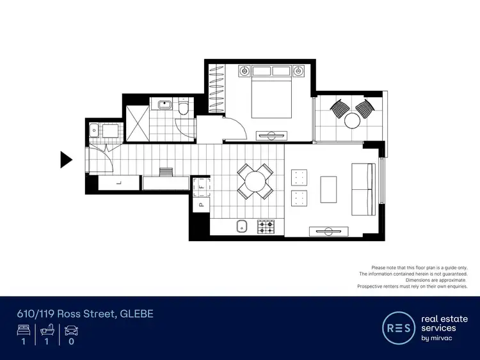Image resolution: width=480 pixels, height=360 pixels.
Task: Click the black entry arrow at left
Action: coord(66,159)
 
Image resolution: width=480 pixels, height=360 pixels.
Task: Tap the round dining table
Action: coord(255,181)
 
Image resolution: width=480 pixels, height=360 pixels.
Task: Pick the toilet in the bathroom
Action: coord(184,109)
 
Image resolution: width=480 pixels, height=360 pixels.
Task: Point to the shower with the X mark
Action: coord(137,118)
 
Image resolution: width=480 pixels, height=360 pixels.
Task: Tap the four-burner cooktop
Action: coord(266,226)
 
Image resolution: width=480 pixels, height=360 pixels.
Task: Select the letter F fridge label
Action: coord(200,182)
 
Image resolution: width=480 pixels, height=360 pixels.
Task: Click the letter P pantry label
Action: coord(200,206)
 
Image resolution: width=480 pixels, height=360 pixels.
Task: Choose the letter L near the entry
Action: coord(119,183)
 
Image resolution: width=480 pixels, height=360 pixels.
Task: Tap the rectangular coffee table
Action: coord(328,189)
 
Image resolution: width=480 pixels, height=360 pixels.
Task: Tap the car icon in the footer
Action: coord(70,331)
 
